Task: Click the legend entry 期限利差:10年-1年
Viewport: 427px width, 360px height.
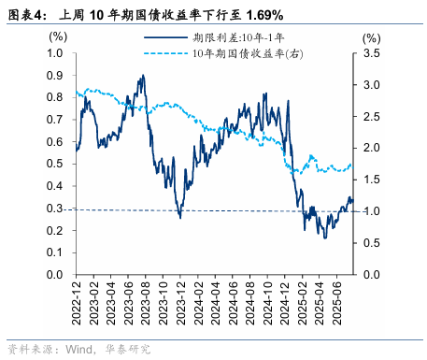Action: (234, 38)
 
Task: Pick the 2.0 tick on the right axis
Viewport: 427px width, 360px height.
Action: (371, 149)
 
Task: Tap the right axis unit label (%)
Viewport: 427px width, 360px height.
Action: (371, 38)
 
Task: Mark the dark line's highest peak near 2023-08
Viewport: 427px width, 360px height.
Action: (142, 76)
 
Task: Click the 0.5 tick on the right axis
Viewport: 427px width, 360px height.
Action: (371, 243)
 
